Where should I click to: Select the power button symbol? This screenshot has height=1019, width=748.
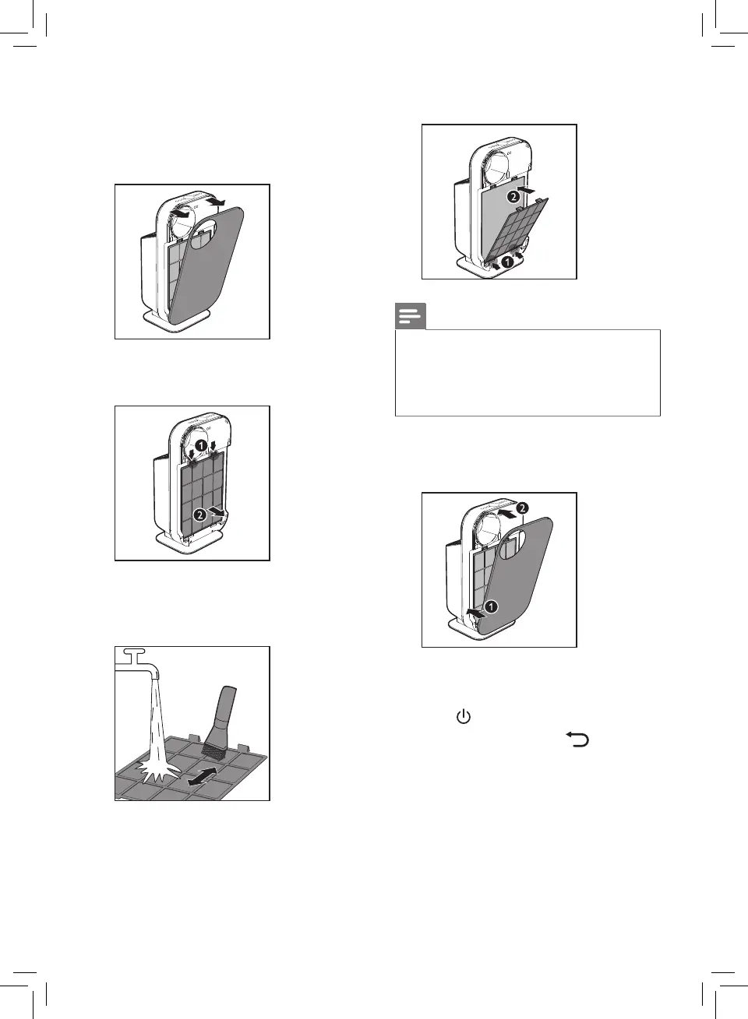[x=464, y=717]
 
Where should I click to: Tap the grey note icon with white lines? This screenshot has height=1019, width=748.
[x=411, y=317]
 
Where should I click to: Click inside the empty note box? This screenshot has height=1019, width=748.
[x=527, y=373]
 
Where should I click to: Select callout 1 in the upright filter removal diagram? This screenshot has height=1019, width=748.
[x=201, y=445]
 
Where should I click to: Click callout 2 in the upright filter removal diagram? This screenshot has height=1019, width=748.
[x=200, y=515]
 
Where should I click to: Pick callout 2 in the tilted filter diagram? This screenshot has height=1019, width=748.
[x=513, y=197]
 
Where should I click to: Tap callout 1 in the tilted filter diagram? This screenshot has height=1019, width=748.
[x=506, y=262]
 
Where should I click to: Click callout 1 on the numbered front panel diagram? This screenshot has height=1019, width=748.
[x=491, y=606]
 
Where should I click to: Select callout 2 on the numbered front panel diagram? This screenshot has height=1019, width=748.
[x=523, y=508]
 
